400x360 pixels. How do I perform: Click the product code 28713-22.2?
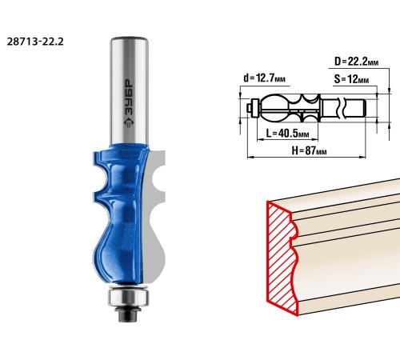click(x=35, y=42)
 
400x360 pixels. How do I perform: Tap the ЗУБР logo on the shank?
click(x=130, y=102)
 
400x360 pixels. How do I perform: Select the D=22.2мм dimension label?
click(x=357, y=62)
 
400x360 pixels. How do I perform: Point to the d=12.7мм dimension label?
click(x=264, y=78)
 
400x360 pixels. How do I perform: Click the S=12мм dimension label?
click(x=351, y=79)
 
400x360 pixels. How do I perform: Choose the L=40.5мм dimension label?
click(x=287, y=133)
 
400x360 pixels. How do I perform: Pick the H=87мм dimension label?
click(x=309, y=150)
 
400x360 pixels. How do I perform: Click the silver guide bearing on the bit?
click(x=128, y=297)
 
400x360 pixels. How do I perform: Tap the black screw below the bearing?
click(x=128, y=313)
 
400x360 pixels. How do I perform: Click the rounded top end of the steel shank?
click(x=130, y=40)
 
